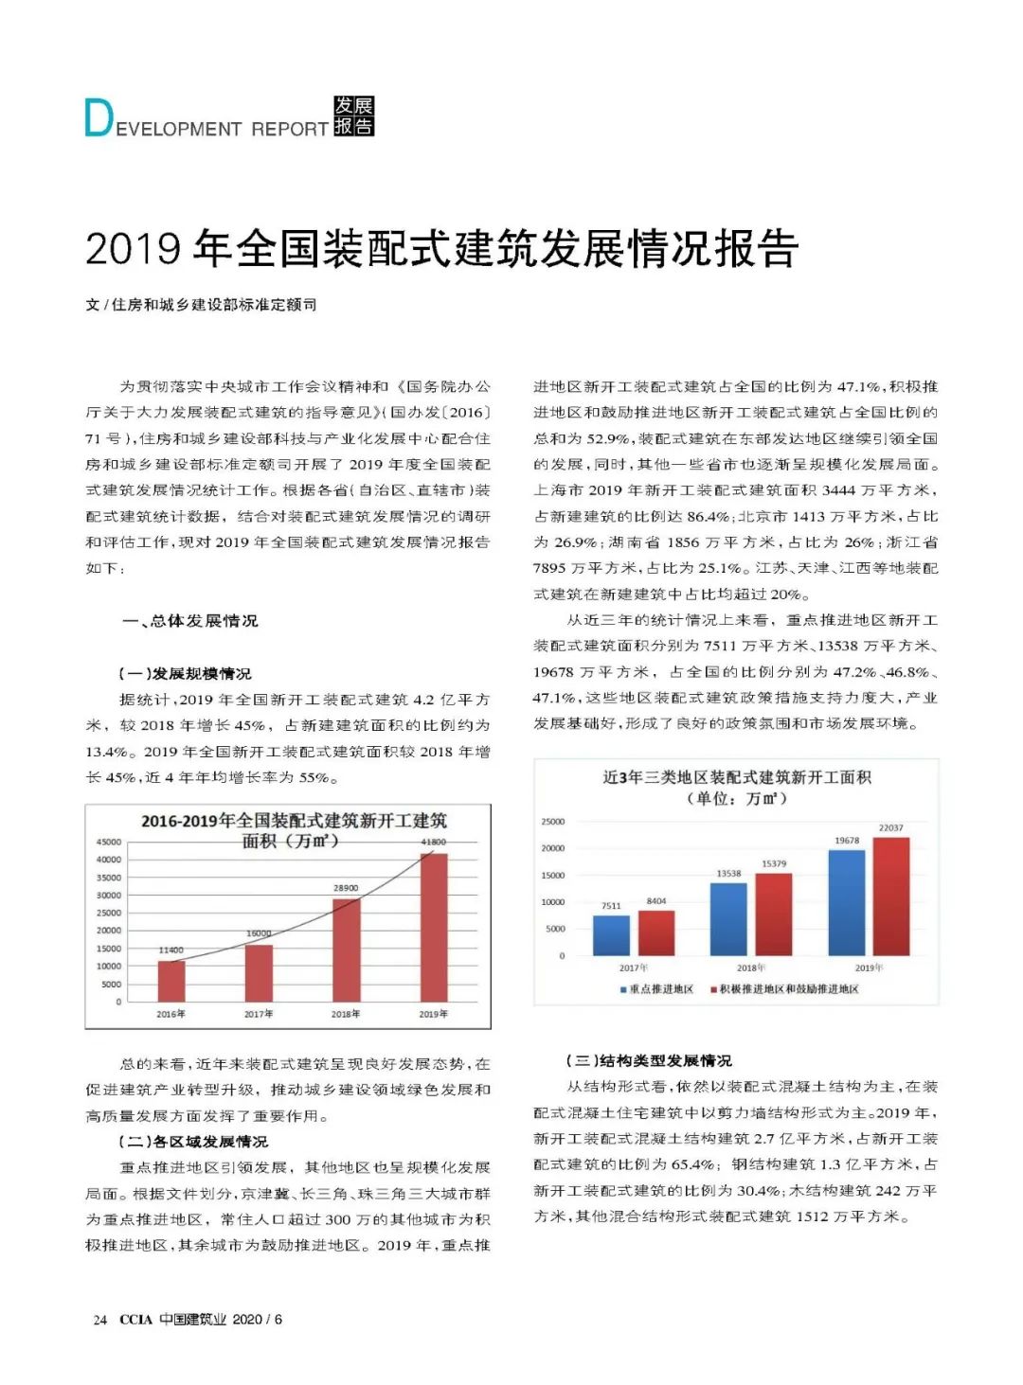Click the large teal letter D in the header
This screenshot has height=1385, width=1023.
tap(99, 118)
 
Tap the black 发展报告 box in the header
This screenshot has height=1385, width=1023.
tap(354, 116)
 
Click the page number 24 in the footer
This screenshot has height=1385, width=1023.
tap(99, 1320)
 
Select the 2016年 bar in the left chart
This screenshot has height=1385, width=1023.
tap(171, 981)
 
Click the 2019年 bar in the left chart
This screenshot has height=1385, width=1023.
tap(434, 927)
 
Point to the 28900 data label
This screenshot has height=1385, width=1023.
tap(346, 888)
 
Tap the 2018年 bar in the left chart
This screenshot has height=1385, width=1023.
tap(346, 950)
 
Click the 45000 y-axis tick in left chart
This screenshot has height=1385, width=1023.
tap(109, 842)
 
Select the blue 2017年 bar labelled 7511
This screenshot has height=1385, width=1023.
tap(611, 935)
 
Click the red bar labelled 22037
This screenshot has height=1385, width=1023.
tap(890, 896)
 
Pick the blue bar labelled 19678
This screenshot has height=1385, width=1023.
tap(847, 902)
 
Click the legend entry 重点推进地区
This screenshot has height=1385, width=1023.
tap(656, 989)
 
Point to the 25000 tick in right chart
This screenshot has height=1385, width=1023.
tap(552, 822)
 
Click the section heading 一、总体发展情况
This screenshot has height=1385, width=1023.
tap(189, 621)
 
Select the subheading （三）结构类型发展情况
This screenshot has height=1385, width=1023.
tap(649, 1060)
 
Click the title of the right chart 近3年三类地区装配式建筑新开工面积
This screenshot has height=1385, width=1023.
tap(737, 777)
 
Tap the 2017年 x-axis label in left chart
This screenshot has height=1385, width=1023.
tap(259, 1014)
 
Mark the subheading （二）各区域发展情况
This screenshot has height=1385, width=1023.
tap(193, 1142)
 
